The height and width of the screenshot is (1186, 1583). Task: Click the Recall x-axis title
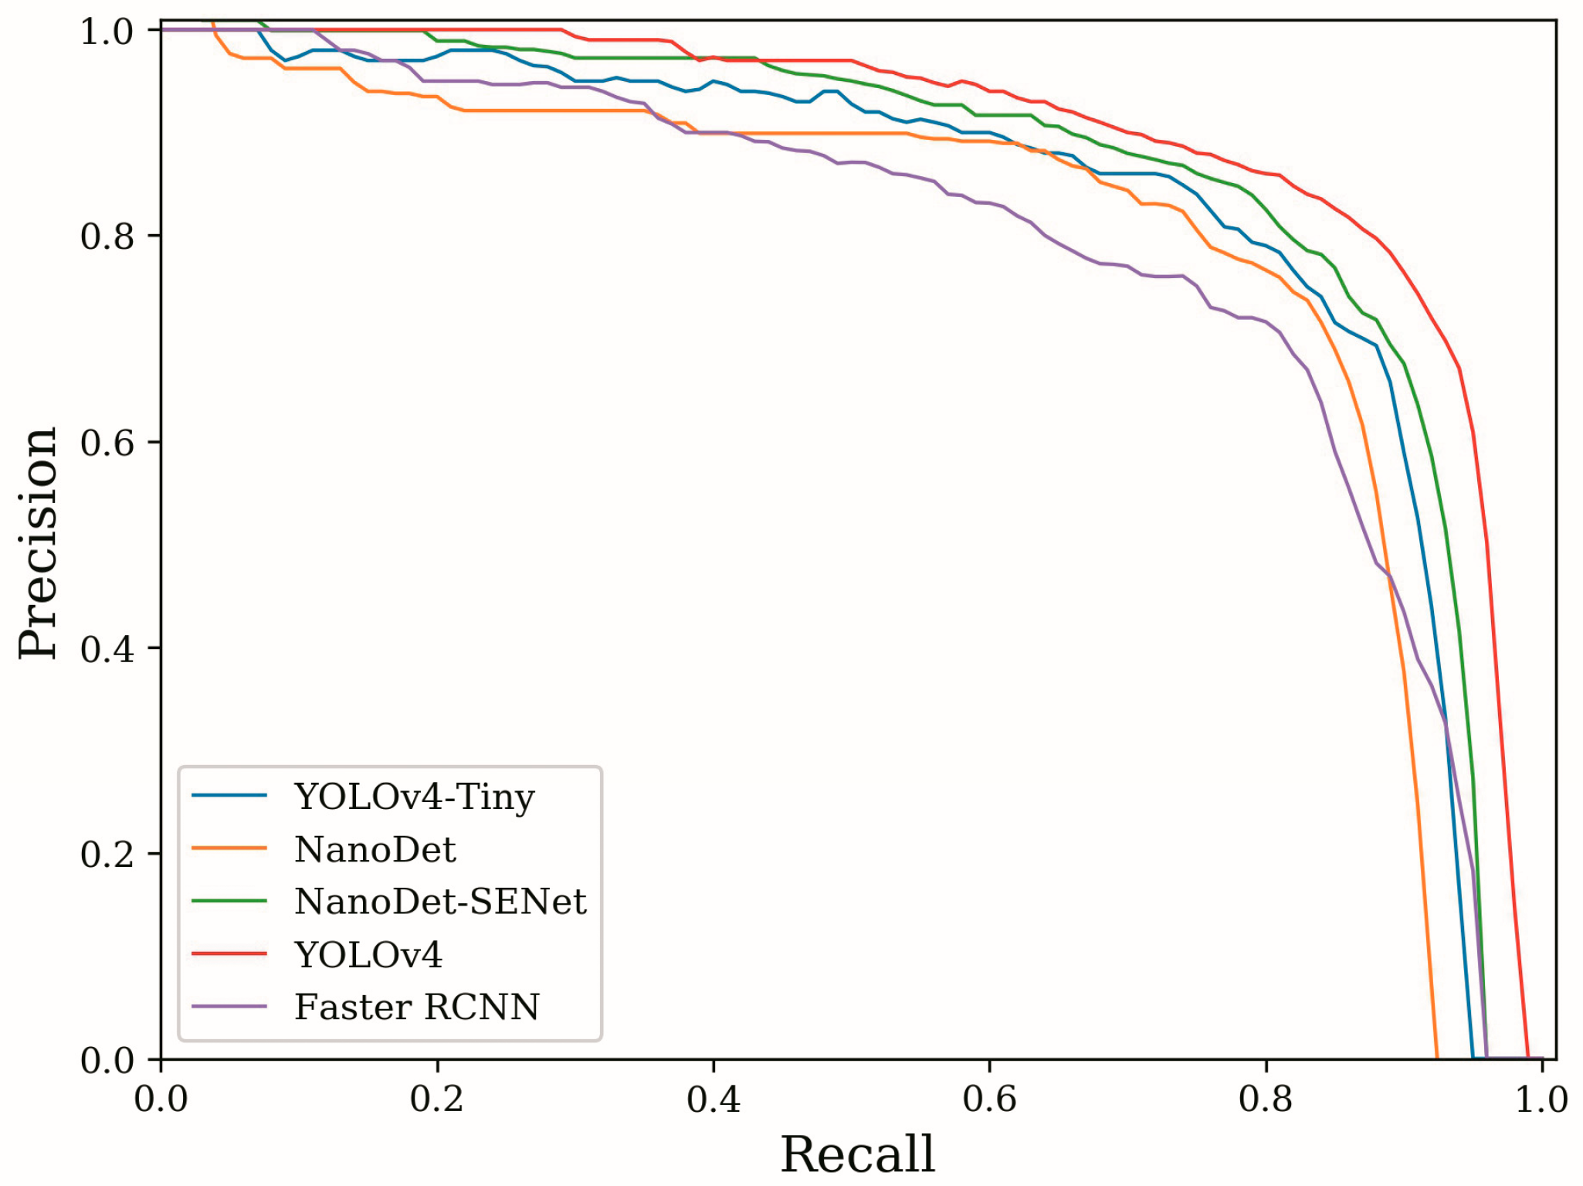(x=857, y=1154)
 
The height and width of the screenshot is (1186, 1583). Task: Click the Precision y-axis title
(x=39, y=543)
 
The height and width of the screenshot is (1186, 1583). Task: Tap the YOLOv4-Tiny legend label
(x=415, y=797)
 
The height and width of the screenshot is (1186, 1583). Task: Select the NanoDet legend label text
(x=375, y=850)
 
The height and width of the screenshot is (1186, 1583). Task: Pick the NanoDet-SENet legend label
(x=440, y=902)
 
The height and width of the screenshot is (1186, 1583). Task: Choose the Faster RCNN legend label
(x=417, y=1008)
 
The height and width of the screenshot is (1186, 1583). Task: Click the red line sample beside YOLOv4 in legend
(x=229, y=953)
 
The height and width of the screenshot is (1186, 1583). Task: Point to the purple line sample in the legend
(x=229, y=1007)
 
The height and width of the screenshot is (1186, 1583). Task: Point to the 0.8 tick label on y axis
(x=107, y=236)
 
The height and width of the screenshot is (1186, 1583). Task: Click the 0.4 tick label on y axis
(x=107, y=648)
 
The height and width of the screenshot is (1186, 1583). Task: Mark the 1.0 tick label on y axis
(x=107, y=32)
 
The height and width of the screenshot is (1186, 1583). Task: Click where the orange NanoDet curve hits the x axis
(x=1436, y=1057)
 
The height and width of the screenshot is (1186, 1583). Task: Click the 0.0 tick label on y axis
(x=107, y=1061)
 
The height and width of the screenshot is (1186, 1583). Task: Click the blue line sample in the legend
(x=229, y=796)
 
